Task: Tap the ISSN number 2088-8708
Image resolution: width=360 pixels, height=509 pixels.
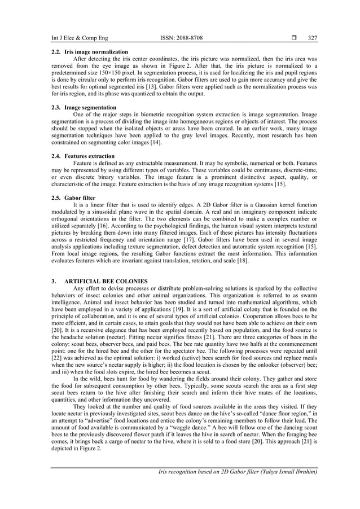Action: pyautogui.click(x=181, y=38)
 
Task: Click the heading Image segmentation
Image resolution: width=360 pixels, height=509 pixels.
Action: pyautogui.click(x=90, y=107)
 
